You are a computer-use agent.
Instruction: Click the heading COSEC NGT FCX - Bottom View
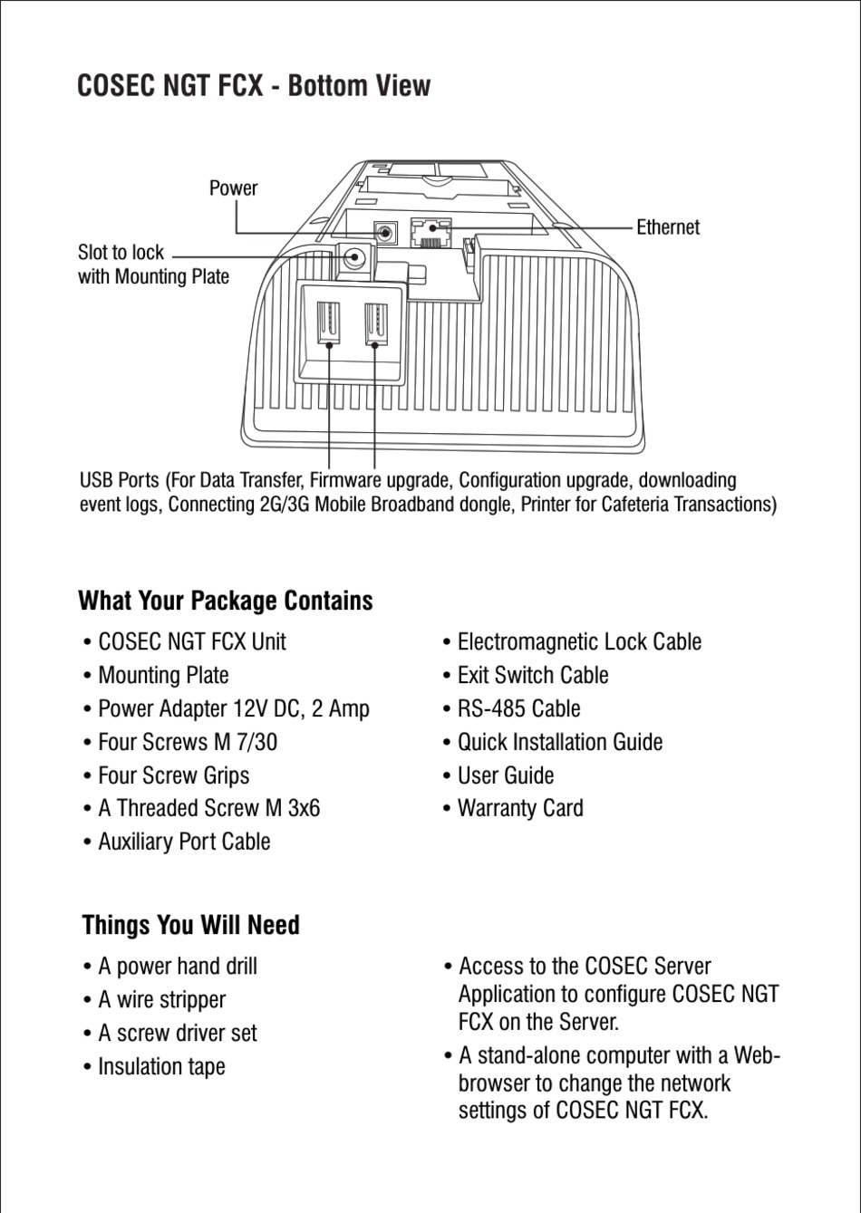pos(254,86)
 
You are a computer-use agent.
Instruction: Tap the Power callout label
pos(233,188)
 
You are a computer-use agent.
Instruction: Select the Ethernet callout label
pos(668,227)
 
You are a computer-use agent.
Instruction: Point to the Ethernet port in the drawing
pos(431,233)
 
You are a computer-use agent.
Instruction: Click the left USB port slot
pos(329,323)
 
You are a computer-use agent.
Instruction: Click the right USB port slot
pos(374,323)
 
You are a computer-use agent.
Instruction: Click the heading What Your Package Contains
pos(226,601)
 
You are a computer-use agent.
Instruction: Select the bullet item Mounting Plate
pos(163,676)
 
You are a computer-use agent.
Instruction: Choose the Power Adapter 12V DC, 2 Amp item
pos(233,709)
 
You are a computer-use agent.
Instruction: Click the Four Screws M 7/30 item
pos(187,743)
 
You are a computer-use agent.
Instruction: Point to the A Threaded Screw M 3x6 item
pos(208,808)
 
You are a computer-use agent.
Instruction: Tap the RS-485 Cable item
pos(518,709)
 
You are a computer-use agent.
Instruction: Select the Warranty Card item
pos(520,808)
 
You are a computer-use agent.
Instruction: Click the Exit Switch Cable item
pos(533,676)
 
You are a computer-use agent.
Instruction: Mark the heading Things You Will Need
pos(190,925)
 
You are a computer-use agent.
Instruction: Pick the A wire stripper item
pos(161,1000)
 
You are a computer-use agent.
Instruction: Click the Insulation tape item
pos(161,1067)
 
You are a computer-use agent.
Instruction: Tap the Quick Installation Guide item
pos(560,743)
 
